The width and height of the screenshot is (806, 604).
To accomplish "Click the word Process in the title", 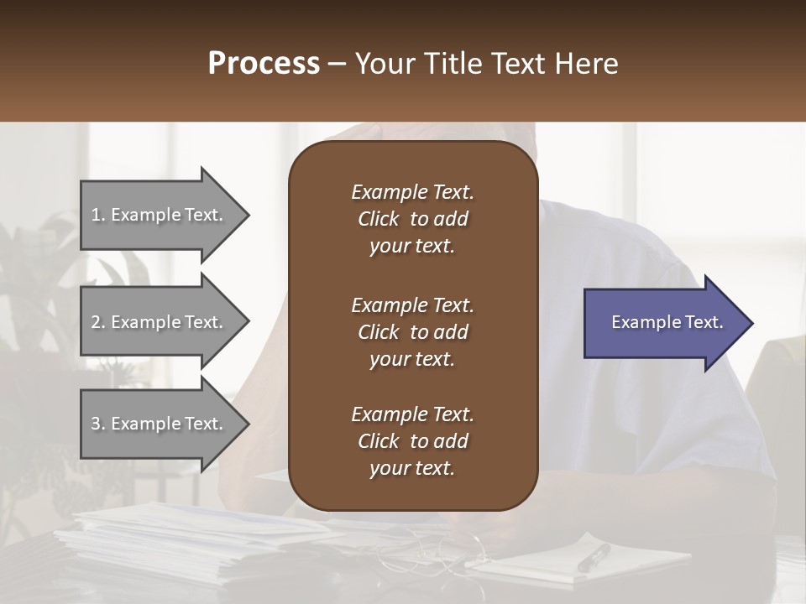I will pos(264,64).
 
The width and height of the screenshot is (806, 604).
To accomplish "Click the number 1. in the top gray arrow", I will pos(98,215).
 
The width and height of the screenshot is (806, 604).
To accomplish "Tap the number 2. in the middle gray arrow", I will pos(98,322).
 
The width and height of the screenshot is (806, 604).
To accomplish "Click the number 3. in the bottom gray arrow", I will pos(98,424).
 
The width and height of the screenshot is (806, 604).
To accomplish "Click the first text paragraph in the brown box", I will pos(412,219).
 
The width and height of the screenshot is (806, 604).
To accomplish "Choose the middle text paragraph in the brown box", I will pos(412,332).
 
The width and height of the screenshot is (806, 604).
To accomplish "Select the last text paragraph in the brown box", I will pos(412,441).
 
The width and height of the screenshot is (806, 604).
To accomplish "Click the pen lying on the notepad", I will pos(594,557).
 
